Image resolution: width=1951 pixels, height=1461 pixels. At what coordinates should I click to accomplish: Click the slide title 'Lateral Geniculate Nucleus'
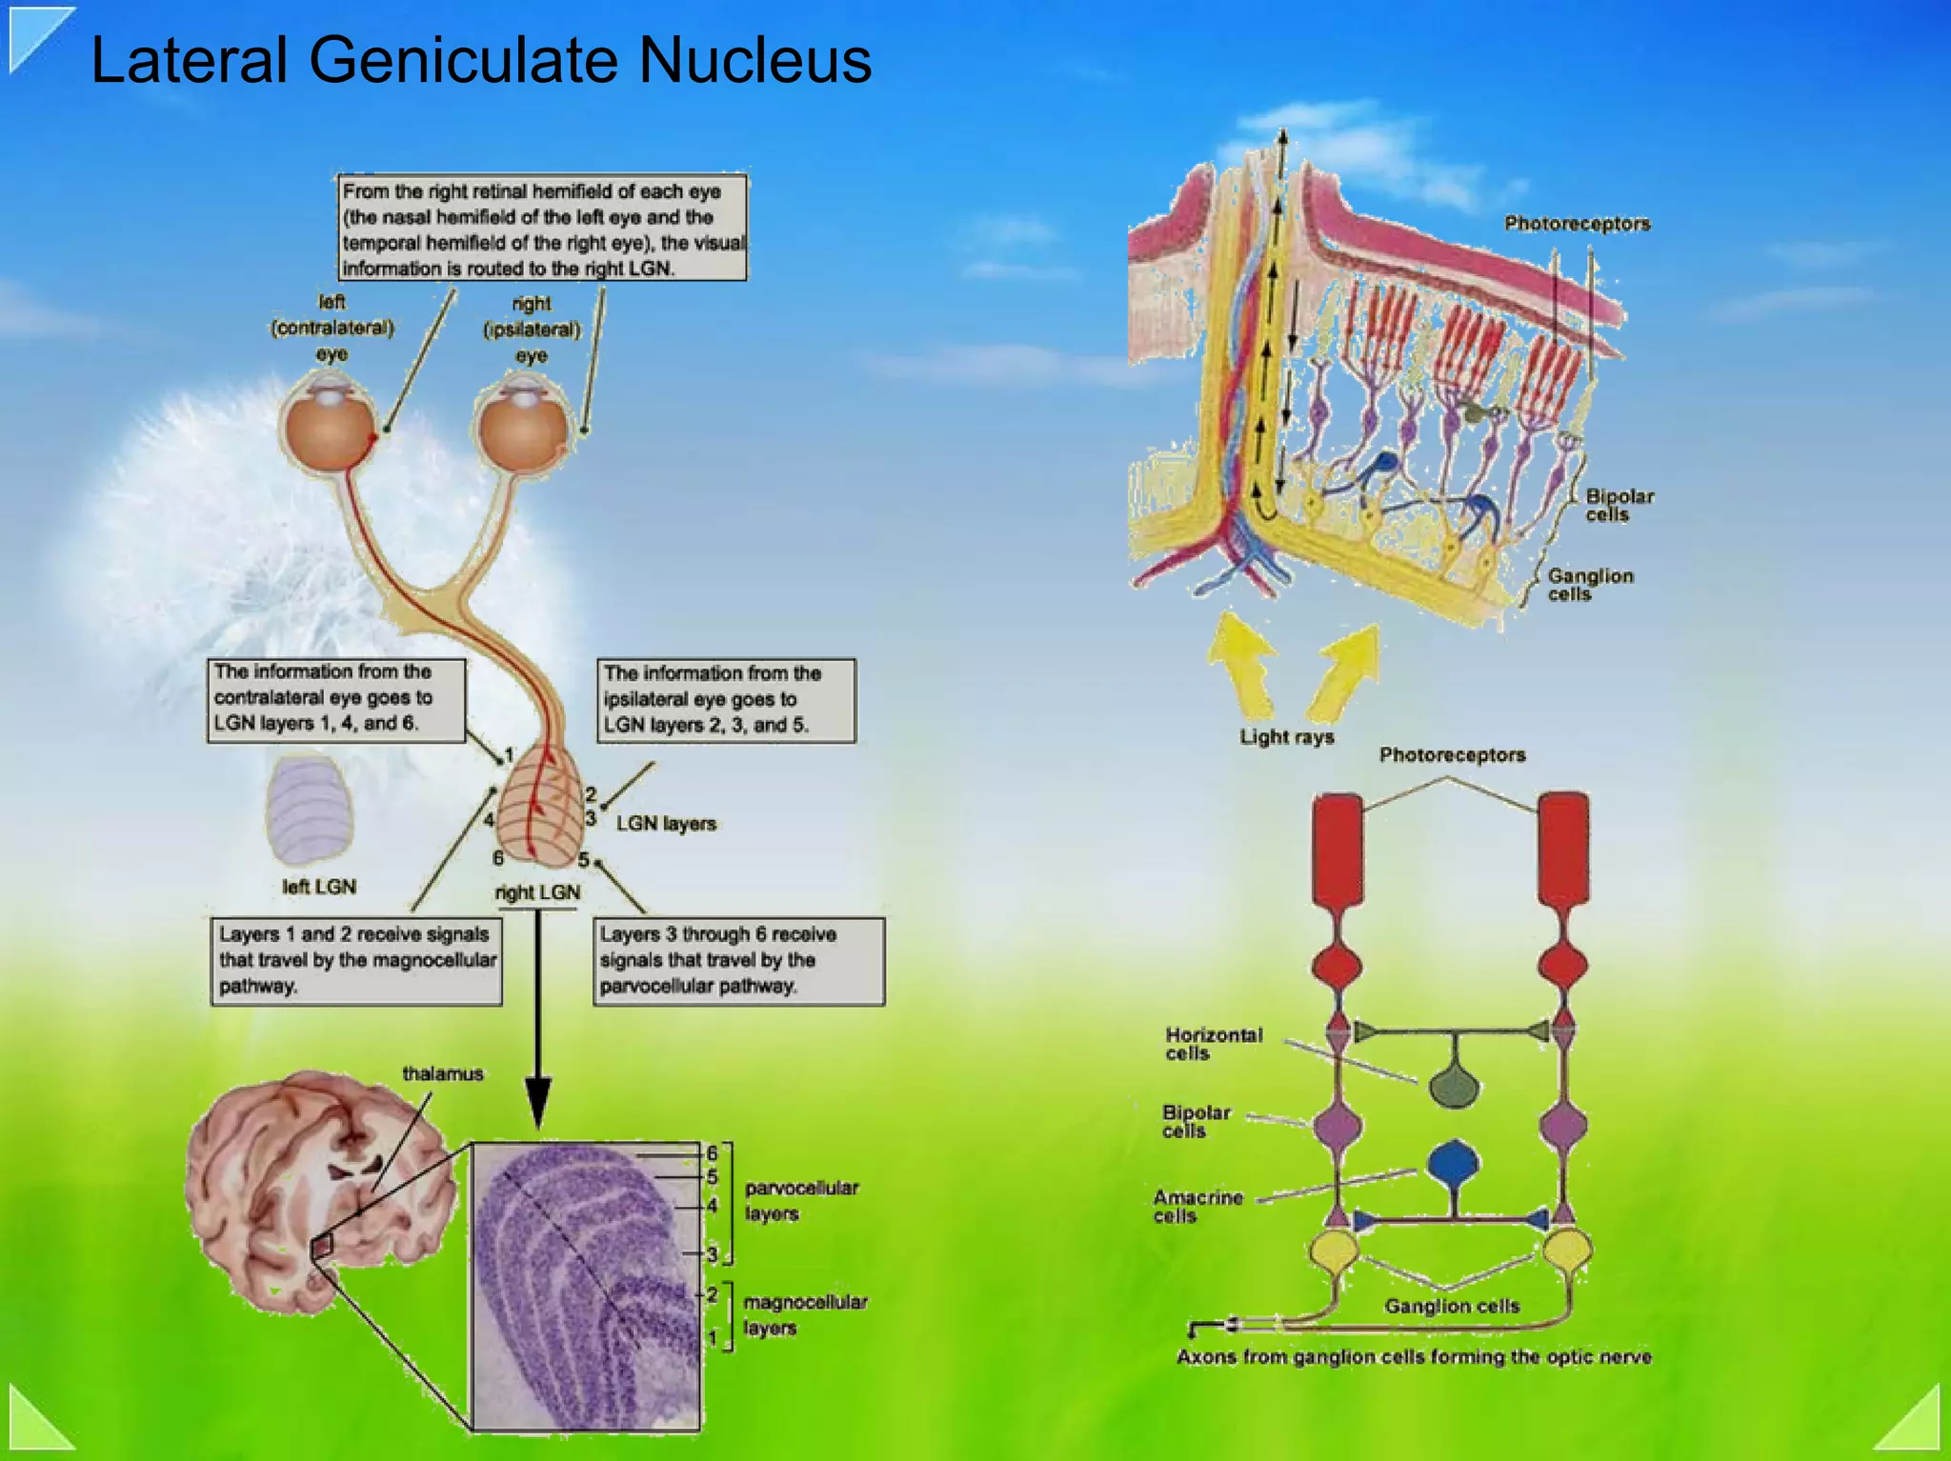coord(480,61)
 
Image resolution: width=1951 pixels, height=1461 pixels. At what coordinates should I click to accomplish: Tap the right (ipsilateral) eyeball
coord(522,430)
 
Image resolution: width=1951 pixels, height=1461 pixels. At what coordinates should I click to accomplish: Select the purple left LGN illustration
coord(310,810)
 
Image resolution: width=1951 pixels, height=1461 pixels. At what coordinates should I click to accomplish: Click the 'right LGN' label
coord(537,892)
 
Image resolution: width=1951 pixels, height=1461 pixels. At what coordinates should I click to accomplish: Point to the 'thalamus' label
coord(442,1073)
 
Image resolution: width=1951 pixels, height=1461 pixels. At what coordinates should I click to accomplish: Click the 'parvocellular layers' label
coord(800,1200)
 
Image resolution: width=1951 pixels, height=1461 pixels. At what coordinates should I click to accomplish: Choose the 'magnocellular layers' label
coord(804,1314)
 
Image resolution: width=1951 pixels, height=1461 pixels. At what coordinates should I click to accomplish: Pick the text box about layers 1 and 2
coord(356,960)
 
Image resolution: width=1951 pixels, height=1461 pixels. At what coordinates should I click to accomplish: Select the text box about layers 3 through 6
coord(738,960)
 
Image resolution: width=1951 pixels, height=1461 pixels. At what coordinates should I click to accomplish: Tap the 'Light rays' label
coord(1286,736)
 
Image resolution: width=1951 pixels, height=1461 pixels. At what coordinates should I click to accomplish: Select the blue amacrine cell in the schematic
coord(1454,1164)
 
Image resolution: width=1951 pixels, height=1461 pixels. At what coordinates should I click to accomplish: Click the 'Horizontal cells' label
coord(1213,1044)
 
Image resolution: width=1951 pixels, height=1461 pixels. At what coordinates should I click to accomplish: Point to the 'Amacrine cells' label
coord(1197,1207)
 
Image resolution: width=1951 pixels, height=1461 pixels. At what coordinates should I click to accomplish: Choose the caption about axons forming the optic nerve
coord(1414,1356)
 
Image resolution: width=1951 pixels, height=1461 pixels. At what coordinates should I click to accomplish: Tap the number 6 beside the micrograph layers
coord(712,1153)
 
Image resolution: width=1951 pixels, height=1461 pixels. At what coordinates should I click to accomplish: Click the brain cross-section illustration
coord(314,1191)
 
